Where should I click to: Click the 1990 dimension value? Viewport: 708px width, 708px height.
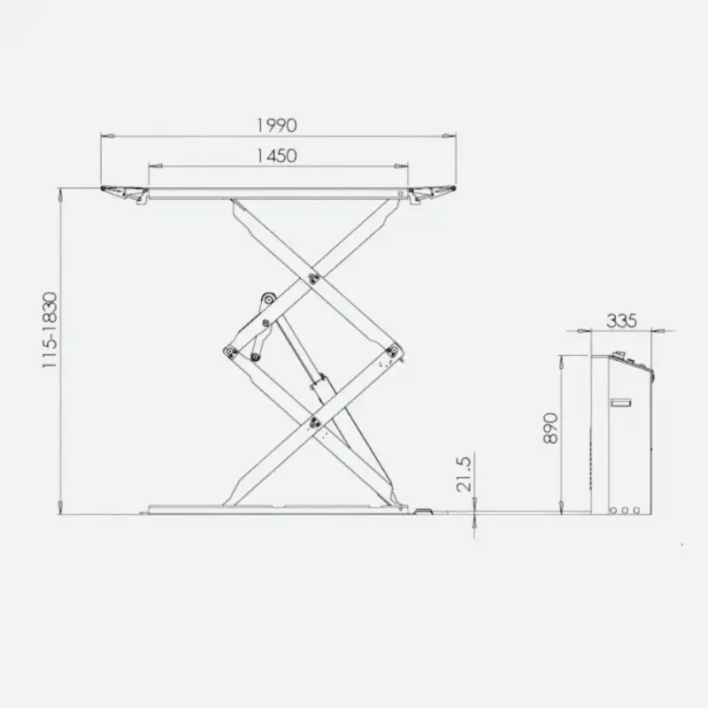pos(277,126)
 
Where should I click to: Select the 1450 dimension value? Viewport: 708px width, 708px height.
pos(277,156)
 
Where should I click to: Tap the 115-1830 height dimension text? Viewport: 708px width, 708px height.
pos(50,329)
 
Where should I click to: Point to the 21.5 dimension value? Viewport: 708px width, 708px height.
pos(464,474)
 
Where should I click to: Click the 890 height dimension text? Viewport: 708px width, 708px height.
pos(550,428)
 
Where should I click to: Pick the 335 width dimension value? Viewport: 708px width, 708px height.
pos(621,320)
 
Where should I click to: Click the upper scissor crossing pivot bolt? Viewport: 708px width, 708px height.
pos(313,278)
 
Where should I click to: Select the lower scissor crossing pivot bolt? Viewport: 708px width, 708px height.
pos(314,423)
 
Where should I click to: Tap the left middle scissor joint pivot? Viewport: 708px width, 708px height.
pos(231,351)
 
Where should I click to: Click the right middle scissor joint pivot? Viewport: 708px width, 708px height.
pos(393,350)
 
